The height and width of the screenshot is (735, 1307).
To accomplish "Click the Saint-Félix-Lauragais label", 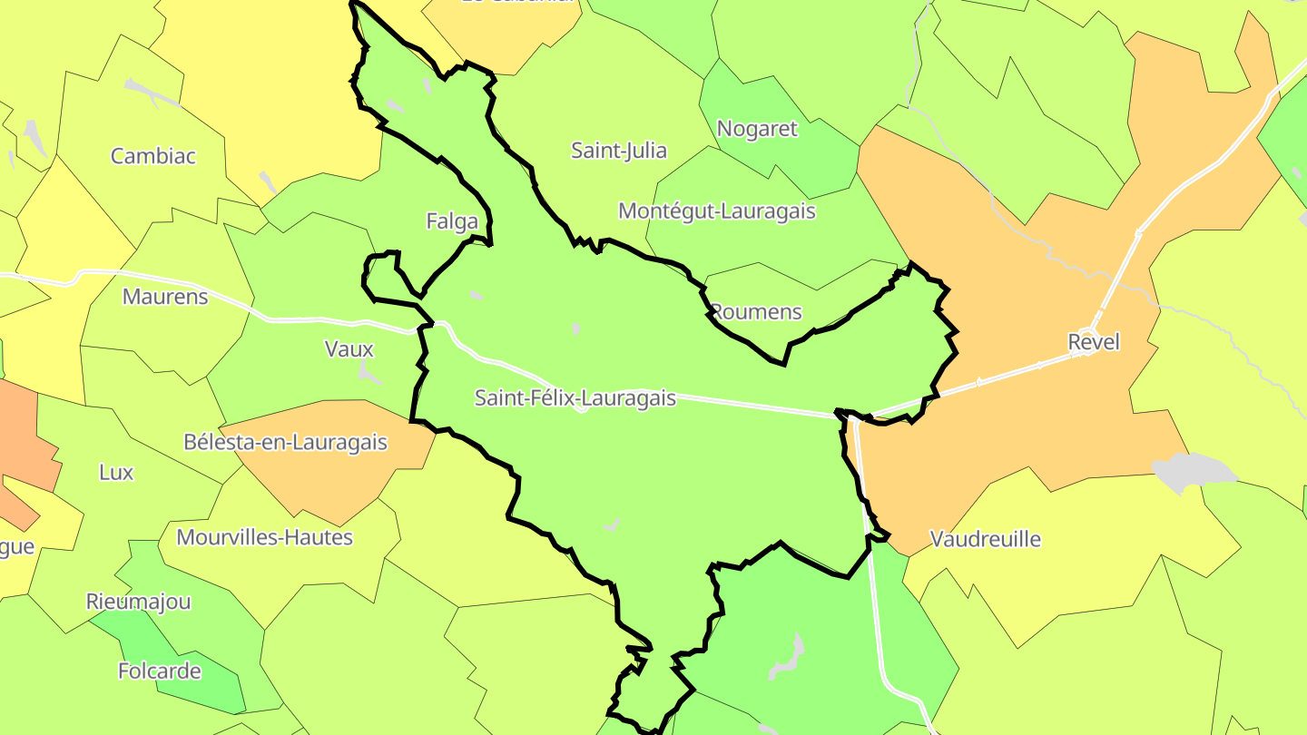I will (x=575, y=397).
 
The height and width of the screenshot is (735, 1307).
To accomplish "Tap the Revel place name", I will (x=1094, y=342).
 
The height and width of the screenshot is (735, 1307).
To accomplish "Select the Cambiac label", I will (x=153, y=156).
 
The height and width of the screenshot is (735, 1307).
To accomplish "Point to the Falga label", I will (x=451, y=220).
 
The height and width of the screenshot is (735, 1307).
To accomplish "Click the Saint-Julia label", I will (x=619, y=151).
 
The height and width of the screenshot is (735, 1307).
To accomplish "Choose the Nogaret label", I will (x=757, y=129).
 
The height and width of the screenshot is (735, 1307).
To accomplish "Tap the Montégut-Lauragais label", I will (x=717, y=211).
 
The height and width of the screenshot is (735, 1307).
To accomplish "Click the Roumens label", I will (x=757, y=312).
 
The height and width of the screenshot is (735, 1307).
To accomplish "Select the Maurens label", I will (x=165, y=297).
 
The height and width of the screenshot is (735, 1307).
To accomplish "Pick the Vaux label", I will (x=349, y=348).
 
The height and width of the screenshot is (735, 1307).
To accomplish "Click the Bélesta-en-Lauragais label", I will (x=285, y=443).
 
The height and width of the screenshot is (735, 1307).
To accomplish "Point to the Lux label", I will (x=116, y=473).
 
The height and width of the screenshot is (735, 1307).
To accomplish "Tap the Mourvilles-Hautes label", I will (x=264, y=537).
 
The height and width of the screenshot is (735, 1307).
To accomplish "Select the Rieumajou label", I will (x=139, y=602).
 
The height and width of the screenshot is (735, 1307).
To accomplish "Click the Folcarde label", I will (x=160, y=671).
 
